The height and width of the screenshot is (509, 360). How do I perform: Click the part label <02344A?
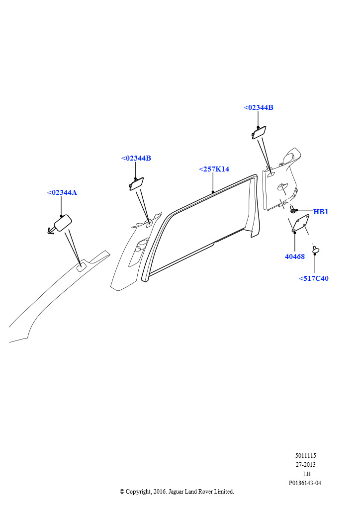pyautogui.click(x=62, y=192)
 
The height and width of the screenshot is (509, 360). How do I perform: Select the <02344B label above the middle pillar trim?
pyautogui.click(x=136, y=158)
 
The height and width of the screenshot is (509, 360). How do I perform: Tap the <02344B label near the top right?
pyautogui.click(x=259, y=107)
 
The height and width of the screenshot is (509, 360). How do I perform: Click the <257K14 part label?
pyautogui.click(x=214, y=169)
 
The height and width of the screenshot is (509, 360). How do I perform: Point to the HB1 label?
pyautogui.click(x=321, y=212)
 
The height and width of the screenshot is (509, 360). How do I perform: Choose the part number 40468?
pyautogui.click(x=295, y=256)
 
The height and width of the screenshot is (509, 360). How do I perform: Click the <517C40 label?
pyautogui.click(x=314, y=278)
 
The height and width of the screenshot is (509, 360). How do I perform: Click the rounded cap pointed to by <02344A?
pyautogui.click(x=63, y=223)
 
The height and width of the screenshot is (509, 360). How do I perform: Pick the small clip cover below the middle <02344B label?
pyautogui.click(x=137, y=183)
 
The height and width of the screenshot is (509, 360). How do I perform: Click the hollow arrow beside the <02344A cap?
pyautogui.click(x=51, y=231)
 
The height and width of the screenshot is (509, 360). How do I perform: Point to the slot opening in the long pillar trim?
pyautogui.click(x=82, y=267)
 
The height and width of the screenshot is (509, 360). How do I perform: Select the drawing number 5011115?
pyautogui.click(x=305, y=456)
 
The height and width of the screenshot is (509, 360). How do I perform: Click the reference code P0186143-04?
pyautogui.click(x=305, y=483)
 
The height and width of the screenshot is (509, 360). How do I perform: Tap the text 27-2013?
pyautogui.click(x=305, y=465)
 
